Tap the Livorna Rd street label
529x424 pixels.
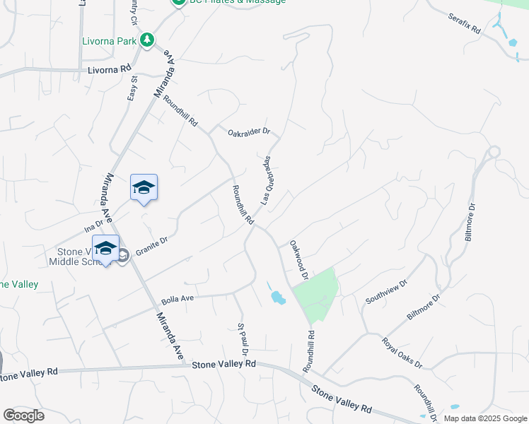click(x=110, y=69)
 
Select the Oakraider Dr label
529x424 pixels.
click(x=249, y=131)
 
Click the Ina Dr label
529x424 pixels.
click(x=93, y=227)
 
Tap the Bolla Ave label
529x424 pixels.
click(x=177, y=299)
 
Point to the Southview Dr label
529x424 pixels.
click(x=387, y=291)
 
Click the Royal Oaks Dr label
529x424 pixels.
click(x=402, y=353)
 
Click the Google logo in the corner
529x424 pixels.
click(x=23, y=415)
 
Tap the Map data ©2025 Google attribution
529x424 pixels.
click(x=485, y=418)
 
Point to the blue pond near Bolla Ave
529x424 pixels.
click(x=277, y=297)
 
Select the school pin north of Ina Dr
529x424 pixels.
click(x=144, y=187)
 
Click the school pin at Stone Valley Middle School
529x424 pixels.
click(x=105, y=248)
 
